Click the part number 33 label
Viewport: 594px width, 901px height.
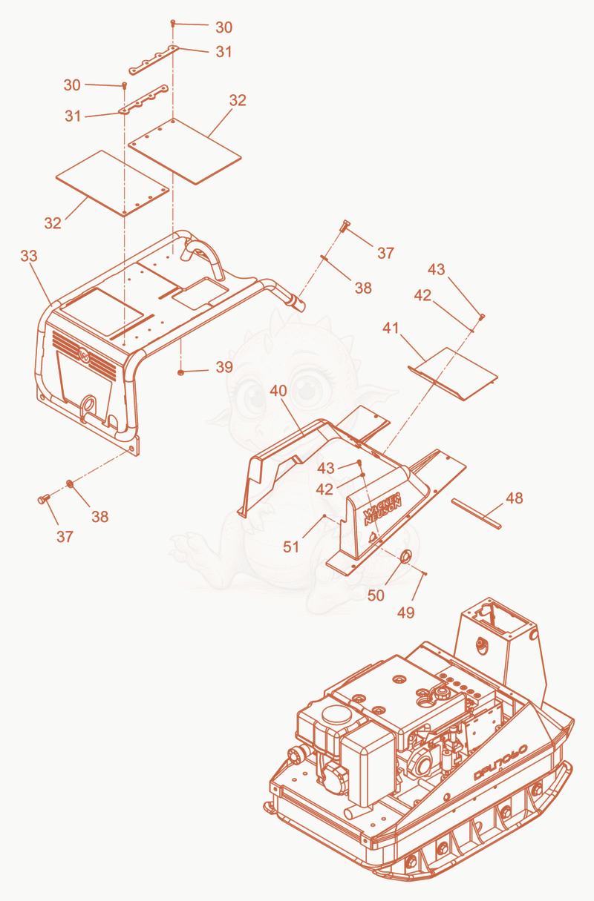[29, 256]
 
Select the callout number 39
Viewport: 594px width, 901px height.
[224, 367]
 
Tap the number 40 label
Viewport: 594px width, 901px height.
[278, 391]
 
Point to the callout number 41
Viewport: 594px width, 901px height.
[391, 329]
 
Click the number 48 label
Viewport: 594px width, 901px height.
[515, 498]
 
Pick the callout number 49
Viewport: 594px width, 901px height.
[405, 613]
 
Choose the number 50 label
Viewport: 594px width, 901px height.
[376, 595]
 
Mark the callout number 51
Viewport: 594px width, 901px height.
[291, 547]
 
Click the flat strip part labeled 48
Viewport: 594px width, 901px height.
[477, 514]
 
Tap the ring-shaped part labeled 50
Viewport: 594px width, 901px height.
[405, 557]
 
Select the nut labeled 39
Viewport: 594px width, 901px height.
[180, 372]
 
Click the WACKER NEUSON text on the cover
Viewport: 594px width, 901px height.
[382, 509]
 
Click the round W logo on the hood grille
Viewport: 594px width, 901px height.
[84, 354]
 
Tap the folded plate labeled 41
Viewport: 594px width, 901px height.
[453, 374]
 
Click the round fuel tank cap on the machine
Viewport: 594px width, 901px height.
[336, 720]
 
